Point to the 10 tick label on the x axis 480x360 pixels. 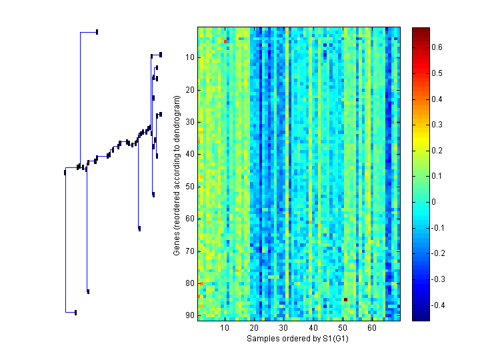click(225, 329)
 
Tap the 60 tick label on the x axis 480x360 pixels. click(372, 329)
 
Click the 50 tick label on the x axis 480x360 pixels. click(343, 329)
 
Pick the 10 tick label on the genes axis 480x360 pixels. click(189, 57)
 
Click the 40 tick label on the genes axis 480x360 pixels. click(189, 154)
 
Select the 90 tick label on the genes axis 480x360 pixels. click(189, 315)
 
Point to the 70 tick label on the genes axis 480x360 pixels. click(189, 251)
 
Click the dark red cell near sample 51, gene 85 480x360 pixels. click(345, 299)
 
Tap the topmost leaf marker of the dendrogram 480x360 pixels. click(97, 31)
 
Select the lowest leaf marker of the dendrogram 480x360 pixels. click(75, 312)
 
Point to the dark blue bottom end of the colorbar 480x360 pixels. click(421, 318)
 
